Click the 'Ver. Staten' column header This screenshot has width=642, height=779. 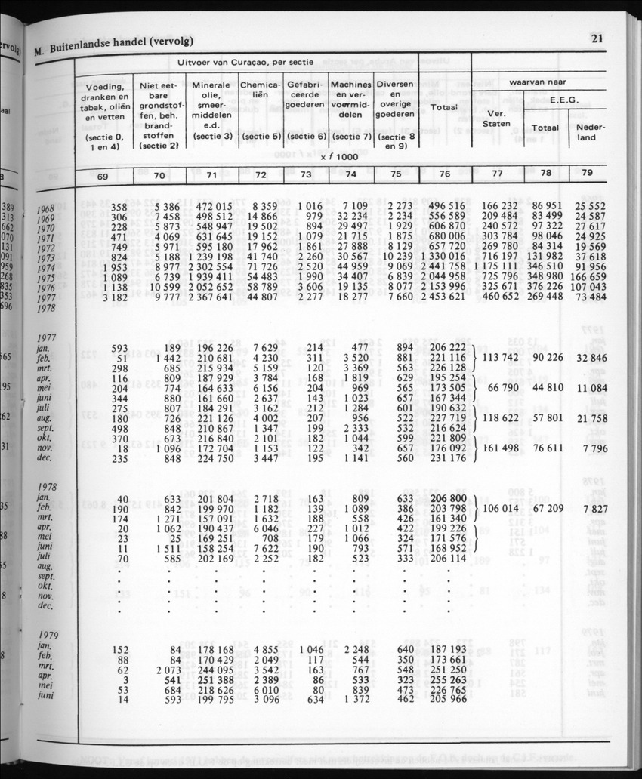click(495, 118)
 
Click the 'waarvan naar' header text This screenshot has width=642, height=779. click(539, 81)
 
